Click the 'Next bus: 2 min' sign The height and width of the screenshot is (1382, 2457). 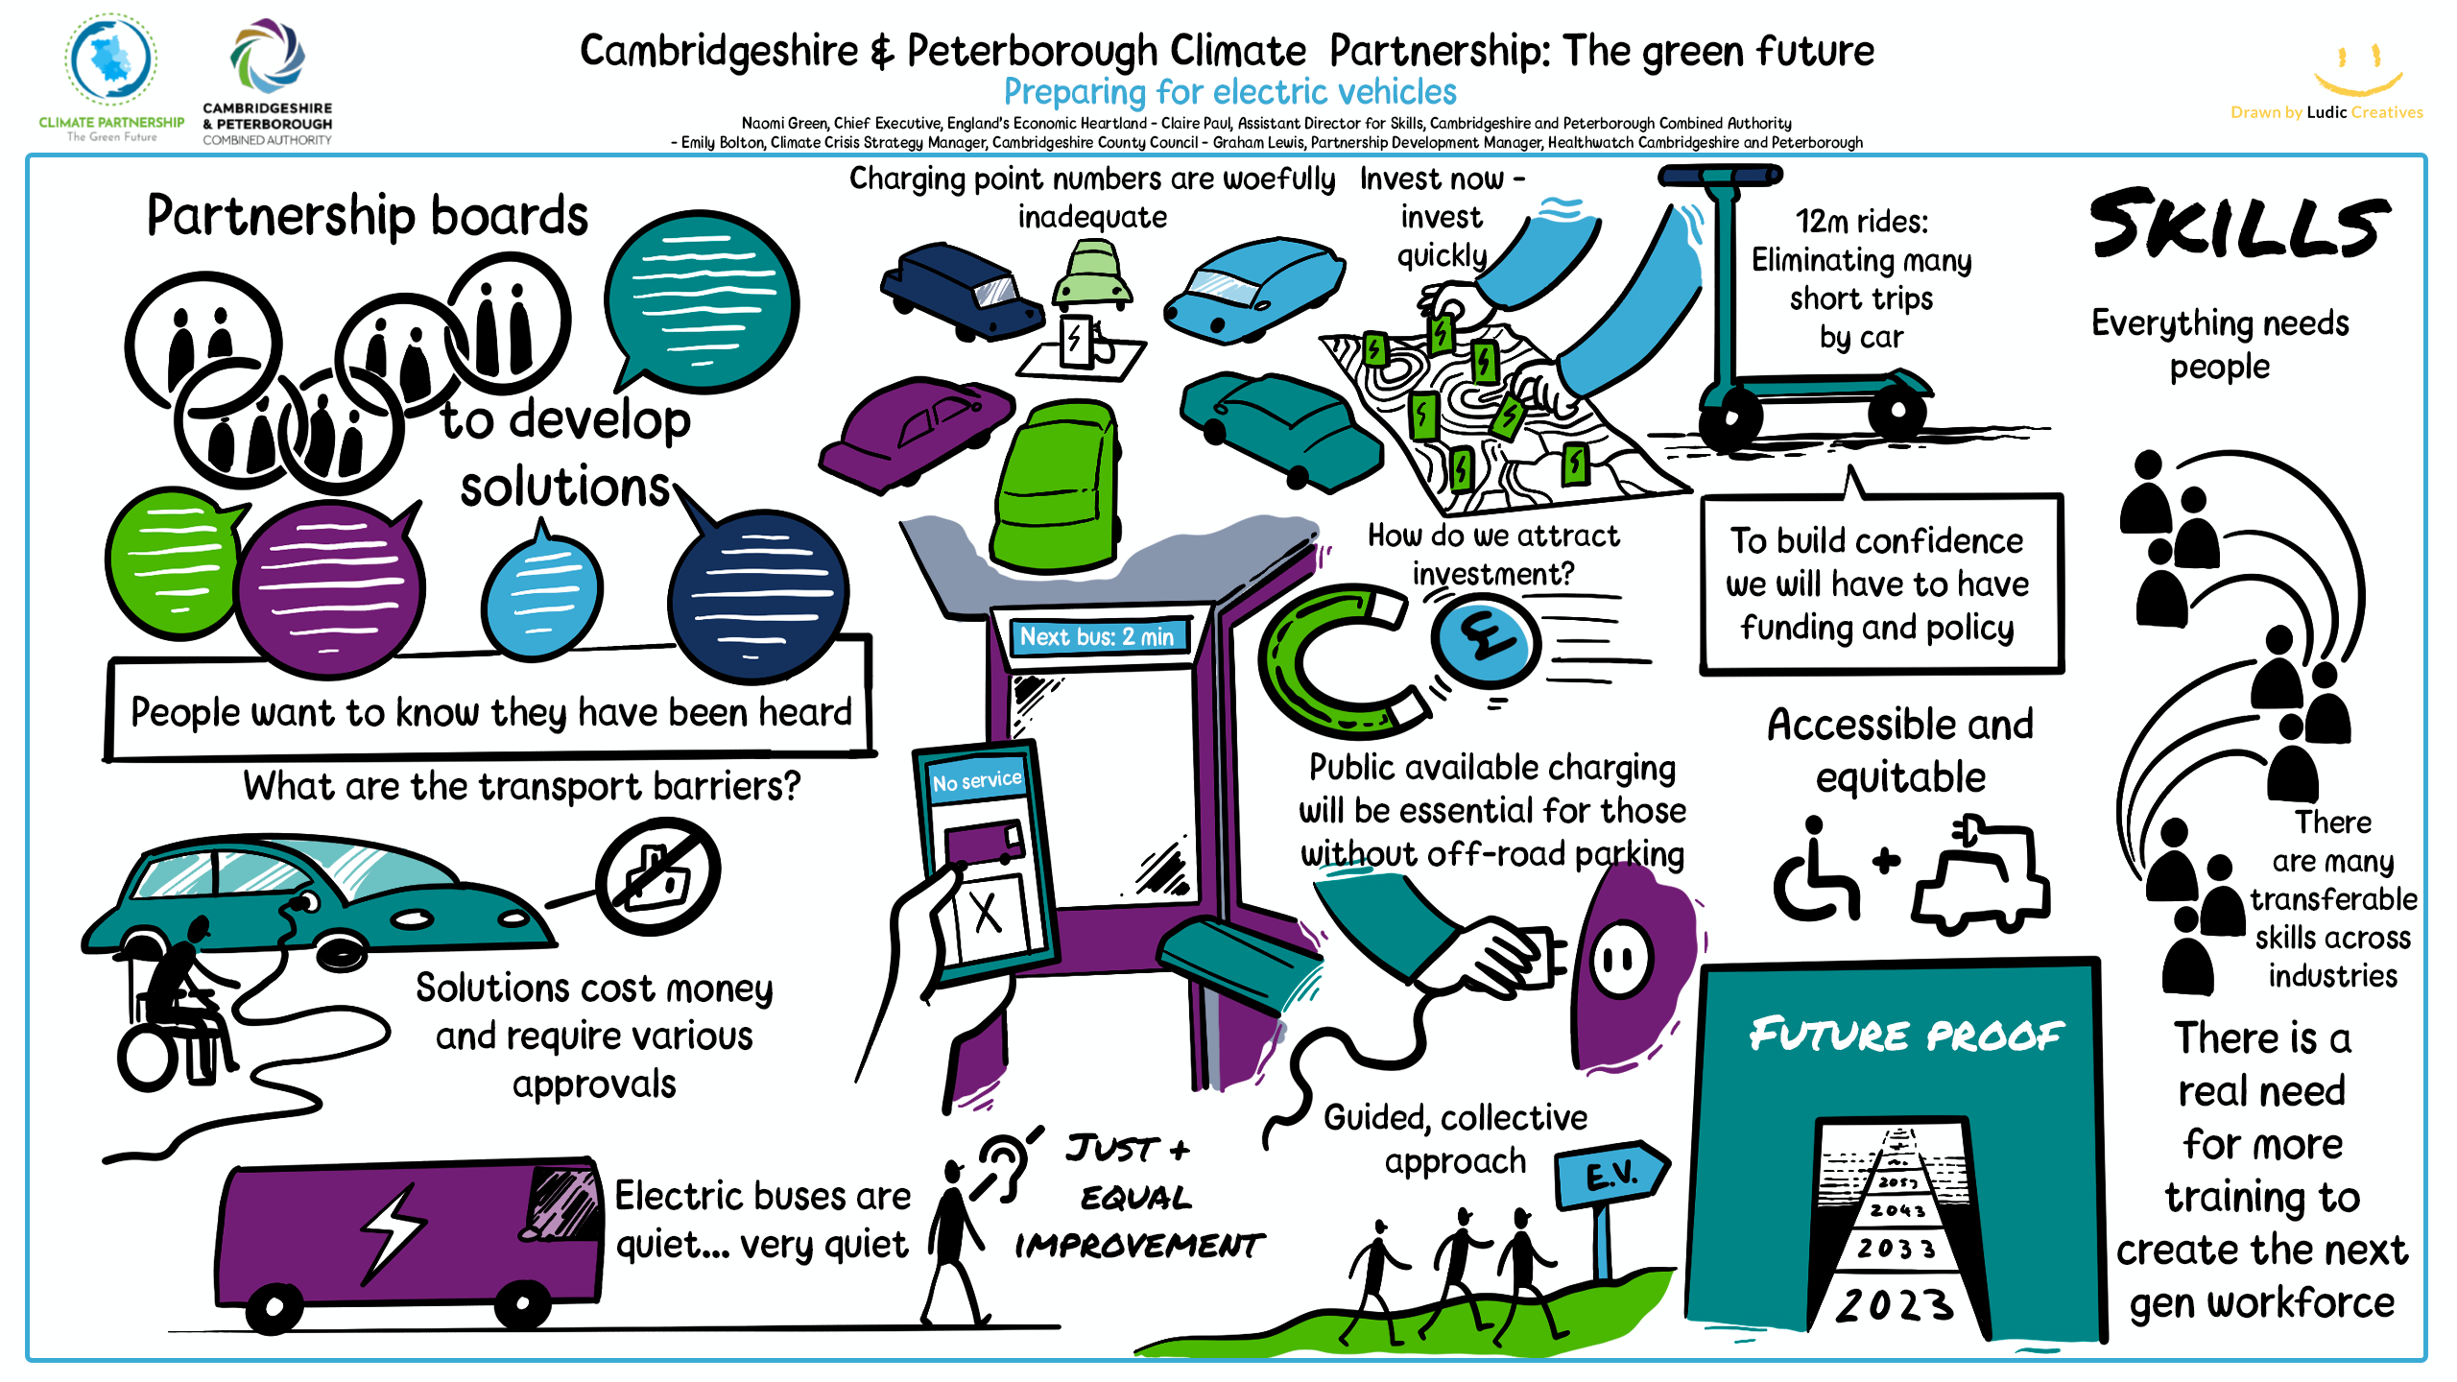[x=1097, y=636]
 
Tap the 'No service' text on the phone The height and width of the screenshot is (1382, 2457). [x=976, y=780]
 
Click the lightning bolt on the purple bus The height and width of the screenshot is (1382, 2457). [x=393, y=1233]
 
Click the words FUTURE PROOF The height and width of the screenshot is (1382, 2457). [x=1906, y=1035]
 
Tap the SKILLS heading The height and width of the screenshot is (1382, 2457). [x=2238, y=226]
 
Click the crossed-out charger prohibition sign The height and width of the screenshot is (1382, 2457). [x=658, y=876]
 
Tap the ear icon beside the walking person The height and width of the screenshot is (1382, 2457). [x=1004, y=1163]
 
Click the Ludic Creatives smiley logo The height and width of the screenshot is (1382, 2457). [x=2357, y=70]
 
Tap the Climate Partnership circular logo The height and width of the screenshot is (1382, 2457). [x=110, y=60]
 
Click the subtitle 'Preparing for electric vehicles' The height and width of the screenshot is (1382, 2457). [x=1229, y=92]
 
